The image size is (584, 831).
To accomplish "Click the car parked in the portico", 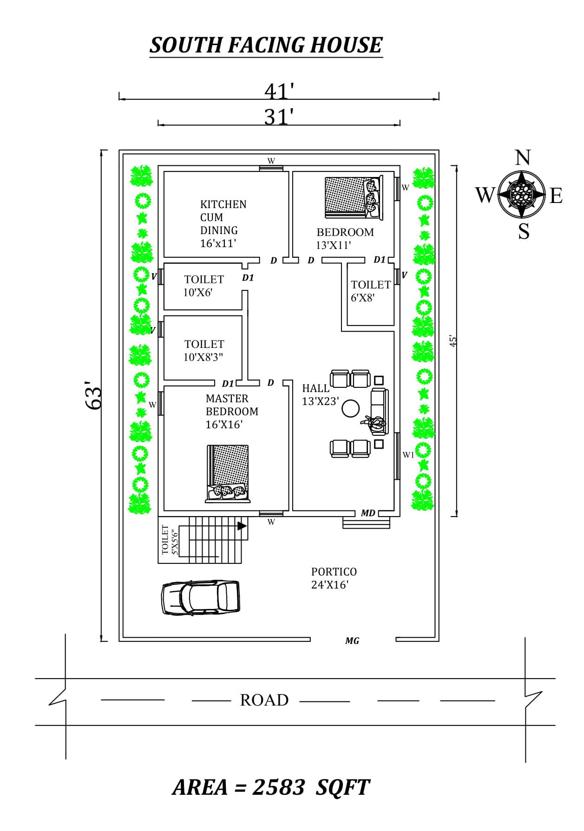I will pyautogui.click(x=201, y=597).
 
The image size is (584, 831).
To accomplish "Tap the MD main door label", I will pyautogui.click(x=368, y=513).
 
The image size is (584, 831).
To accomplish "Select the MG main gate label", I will pyautogui.click(x=352, y=641).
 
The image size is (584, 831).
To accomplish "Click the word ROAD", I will pyautogui.click(x=264, y=700).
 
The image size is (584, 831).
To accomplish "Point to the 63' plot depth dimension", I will pyautogui.click(x=94, y=396).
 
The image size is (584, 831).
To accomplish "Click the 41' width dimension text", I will pyautogui.click(x=279, y=91).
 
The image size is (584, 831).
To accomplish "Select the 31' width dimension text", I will pyautogui.click(x=279, y=117).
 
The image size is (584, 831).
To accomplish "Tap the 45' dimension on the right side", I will pyautogui.click(x=453, y=340).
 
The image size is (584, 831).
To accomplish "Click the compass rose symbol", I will pyautogui.click(x=522, y=194).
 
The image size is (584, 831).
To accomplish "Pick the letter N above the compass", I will pyautogui.click(x=523, y=158).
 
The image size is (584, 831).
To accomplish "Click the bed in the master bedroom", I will pyautogui.click(x=228, y=474).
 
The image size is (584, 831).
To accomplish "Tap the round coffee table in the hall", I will pyautogui.click(x=350, y=409).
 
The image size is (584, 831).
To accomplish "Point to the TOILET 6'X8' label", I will pyautogui.click(x=370, y=291).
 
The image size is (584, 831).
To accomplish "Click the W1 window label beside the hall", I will pyautogui.click(x=408, y=455).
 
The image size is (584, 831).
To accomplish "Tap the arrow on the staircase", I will pyautogui.click(x=242, y=526).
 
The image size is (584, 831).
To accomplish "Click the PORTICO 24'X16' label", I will pyautogui.click(x=334, y=578).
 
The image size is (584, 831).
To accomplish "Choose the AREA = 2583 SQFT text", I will pyautogui.click(x=271, y=787).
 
